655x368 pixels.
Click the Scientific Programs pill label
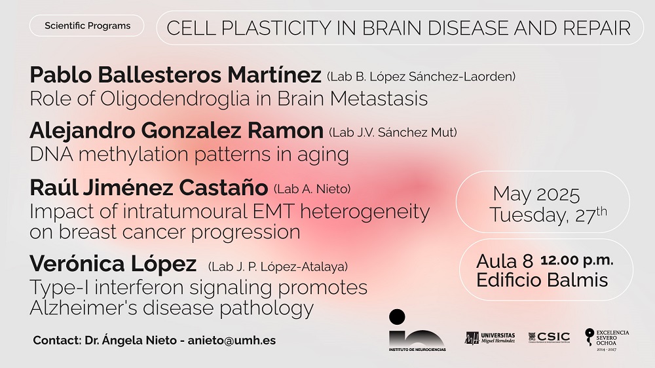click(87, 26)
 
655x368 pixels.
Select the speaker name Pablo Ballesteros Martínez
click(176, 75)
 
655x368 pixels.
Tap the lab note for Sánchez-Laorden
click(421, 77)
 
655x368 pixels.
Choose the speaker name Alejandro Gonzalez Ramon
click(177, 130)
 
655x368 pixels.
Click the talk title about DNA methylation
click(189, 155)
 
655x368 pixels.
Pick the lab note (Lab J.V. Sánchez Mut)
click(393, 132)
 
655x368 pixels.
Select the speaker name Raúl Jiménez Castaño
click(149, 187)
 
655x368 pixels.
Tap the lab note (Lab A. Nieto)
click(312, 189)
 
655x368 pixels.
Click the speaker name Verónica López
click(113, 264)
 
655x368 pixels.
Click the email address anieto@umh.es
click(231, 340)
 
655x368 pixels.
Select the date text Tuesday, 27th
click(548, 214)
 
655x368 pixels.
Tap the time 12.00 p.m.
click(577, 260)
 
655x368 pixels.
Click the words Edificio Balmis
click(542, 280)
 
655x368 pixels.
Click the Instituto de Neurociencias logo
click(417, 331)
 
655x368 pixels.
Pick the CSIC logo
click(550, 337)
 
